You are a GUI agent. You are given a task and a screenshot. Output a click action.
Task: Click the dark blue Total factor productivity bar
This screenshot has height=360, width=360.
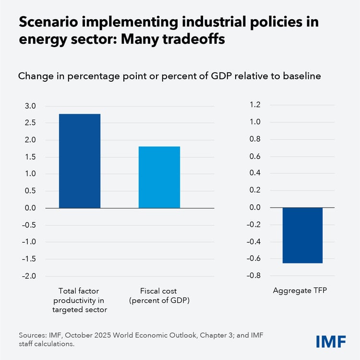click(80, 161)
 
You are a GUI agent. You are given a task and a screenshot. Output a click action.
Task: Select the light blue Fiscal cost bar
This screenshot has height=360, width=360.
click(159, 177)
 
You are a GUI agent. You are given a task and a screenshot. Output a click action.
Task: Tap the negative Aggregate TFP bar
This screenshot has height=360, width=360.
click(302, 236)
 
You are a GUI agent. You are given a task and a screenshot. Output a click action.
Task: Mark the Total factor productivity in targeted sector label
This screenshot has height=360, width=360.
click(80, 300)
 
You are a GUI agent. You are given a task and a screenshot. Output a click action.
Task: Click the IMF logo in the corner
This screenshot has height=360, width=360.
click(331, 342)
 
